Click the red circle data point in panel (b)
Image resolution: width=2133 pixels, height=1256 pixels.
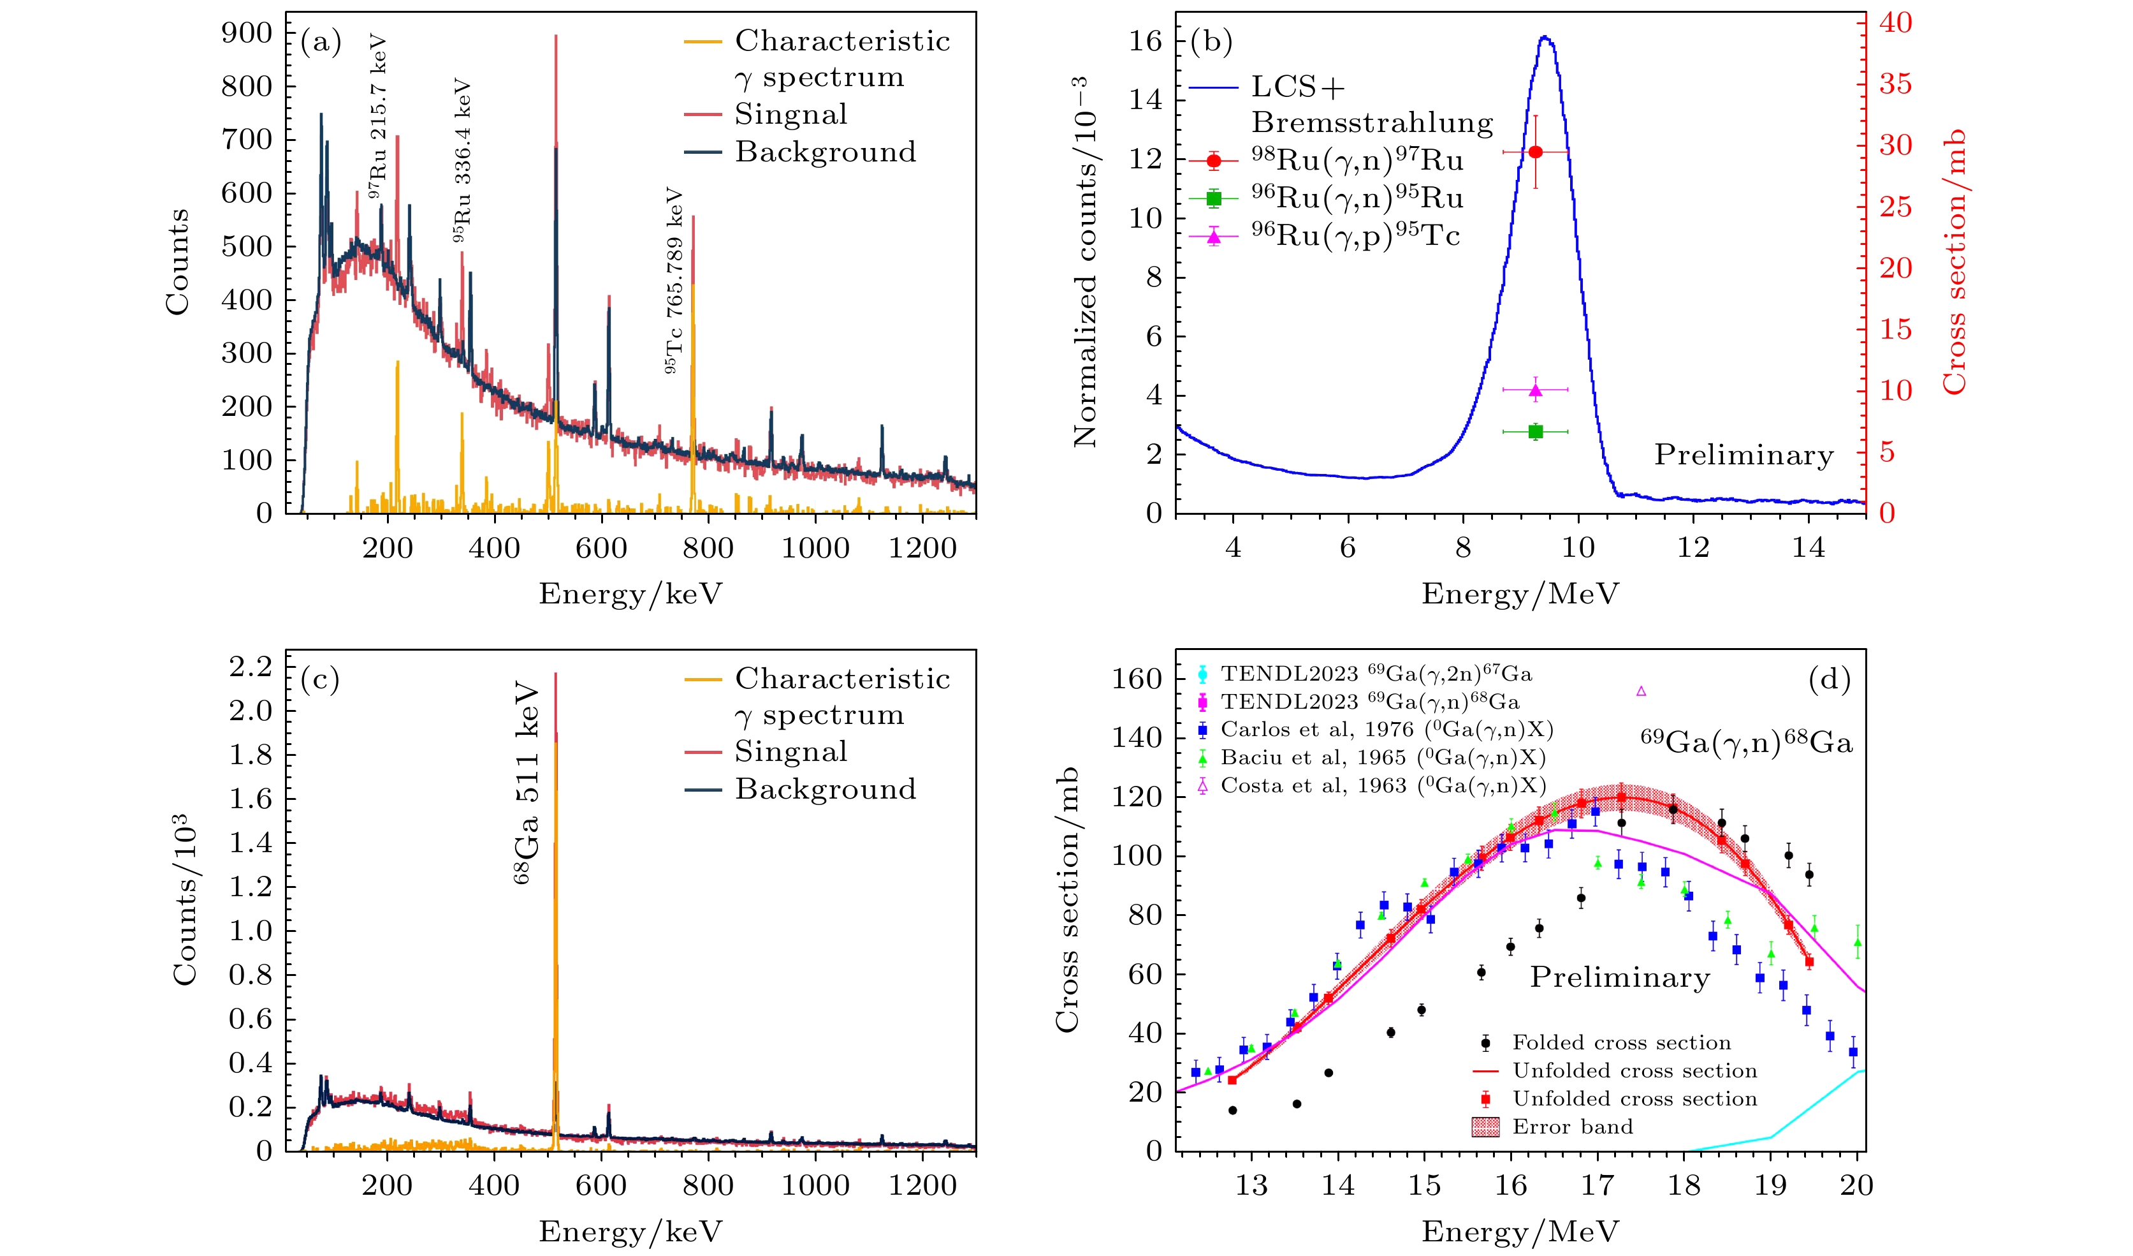click(x=1534, y=152)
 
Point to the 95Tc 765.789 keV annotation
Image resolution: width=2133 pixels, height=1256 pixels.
click(x=674, y=280)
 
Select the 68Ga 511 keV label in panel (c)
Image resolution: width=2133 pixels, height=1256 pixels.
click(x=527, y=784)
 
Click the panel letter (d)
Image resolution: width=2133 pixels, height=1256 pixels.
click(x=1828, y=679)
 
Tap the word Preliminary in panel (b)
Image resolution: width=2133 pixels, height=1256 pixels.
click(x=1744, y=455)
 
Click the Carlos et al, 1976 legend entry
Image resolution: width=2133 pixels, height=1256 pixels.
click(x=1387, y=730)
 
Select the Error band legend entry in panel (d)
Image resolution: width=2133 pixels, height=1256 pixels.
click(x=1572, y=1127)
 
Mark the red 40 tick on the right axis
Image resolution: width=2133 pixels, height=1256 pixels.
click(x=1895, y=23)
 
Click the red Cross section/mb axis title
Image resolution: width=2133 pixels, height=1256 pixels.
click(x=1955, y=263)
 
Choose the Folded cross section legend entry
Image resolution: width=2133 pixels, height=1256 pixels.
click(x=1621, y=1042)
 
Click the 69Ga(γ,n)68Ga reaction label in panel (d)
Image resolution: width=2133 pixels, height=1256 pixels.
click(x=1746, y=742)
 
